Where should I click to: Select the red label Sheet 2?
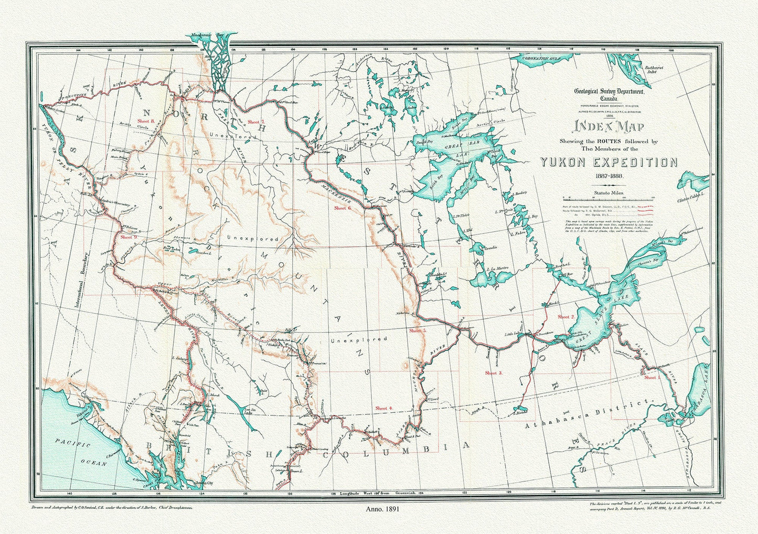click(566, 317)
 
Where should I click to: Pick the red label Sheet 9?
click(129, 237)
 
